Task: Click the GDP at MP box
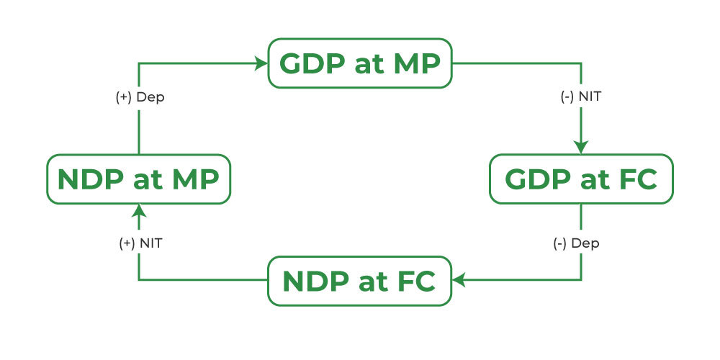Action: (360, 63)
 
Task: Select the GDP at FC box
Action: (581, 179)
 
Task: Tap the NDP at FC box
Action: (360, 281)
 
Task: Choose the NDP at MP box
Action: (139, 179)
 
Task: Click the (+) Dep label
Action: (140, 98)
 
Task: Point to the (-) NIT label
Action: (581, 97)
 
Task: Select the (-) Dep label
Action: (576, 244)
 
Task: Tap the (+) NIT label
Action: (140, 244)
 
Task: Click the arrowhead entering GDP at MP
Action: (261, 63)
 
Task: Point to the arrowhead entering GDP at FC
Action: (581, 148)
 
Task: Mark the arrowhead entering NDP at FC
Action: (459, 279)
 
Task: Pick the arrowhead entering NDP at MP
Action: (139, 211)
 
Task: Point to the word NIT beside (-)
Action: (590, 97)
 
